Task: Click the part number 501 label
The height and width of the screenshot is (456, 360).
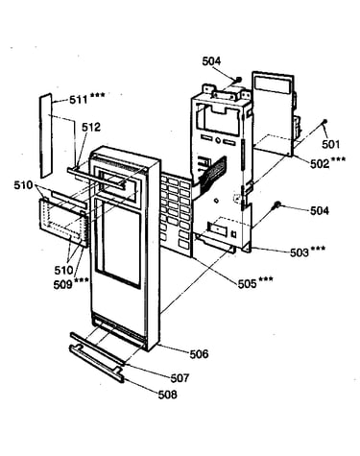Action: pyautogui.click(x=330, y=144)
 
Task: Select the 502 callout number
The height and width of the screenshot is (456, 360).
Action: pyautogui.click(x=320, y=164)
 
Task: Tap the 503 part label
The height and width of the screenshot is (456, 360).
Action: pyautogui.click(x=300, y=252)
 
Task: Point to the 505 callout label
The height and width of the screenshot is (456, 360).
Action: pyautogui.click(x=247, y=283)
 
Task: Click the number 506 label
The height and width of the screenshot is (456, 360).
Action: pyautogui.click(x=199, y=354)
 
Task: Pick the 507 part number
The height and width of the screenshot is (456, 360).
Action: pyautogui.click(x=180, y=378)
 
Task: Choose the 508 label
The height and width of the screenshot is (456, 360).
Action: pyautogui.click(x=167, y=395)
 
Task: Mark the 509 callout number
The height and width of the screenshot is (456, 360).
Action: pyautogui.click(x=62, y=284)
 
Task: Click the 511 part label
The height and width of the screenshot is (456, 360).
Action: pyautogui.click(x=79, y=100)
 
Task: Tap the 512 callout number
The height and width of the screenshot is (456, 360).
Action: pyautogui.click(x=91, y=128)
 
